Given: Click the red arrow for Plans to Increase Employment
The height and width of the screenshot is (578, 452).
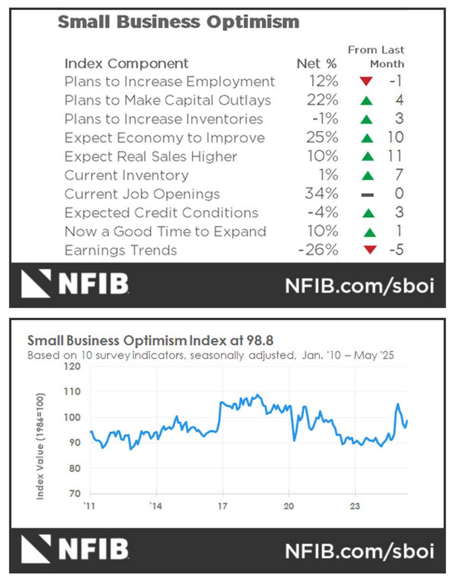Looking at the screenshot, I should tap(366, 82).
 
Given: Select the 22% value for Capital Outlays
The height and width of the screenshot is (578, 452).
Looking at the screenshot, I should tap(322, 100).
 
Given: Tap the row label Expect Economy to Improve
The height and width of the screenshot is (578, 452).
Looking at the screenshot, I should tap(165, 138).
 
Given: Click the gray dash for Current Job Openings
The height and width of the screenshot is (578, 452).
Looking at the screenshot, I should tap(368, 195).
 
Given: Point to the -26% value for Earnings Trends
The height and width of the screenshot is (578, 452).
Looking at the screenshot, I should tap(318, 250).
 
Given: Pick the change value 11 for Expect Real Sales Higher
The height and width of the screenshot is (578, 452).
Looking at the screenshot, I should tap(395, 157).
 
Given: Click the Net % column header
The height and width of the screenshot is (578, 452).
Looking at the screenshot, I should tap(317, 63).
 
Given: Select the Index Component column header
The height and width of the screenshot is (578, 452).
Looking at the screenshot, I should tap(127, 63).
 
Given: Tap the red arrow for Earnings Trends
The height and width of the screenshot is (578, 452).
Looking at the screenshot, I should tap(369, 250).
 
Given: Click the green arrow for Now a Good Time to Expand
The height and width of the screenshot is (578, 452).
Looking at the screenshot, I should tap(369, 232).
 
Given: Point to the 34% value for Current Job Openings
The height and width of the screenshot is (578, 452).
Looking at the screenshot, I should tap(322, 194).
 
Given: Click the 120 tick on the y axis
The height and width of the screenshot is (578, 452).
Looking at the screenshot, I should tap(72, 366).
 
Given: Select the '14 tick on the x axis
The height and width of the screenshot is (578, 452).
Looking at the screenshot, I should tap(156, 506).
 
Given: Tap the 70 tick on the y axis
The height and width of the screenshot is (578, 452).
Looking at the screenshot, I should tap(75, 494).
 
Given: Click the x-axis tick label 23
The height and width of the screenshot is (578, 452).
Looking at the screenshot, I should tap(355, 506).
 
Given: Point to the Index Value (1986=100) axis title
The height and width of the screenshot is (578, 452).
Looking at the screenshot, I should tap(40, 446).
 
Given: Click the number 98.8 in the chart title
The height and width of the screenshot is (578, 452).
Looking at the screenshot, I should tap(260, 341).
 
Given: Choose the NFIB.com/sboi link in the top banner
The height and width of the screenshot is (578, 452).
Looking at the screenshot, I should tap(360, 286).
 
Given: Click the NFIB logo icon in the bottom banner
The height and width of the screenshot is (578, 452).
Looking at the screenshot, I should tap(36, 549).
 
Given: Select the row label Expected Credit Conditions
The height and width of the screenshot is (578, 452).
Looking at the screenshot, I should tap(161, 213).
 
